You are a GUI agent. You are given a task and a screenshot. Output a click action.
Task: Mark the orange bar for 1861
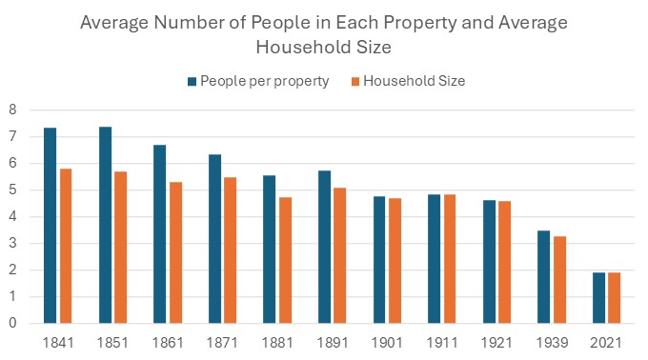click(x=175, y=252)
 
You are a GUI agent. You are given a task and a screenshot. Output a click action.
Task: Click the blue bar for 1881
click(x=270, y=250)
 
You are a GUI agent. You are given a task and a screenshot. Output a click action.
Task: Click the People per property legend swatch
click(x=192, y=81)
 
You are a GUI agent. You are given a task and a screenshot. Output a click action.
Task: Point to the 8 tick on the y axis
click(x=13, y=110)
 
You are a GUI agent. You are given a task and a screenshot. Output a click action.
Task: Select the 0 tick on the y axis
click(x=13, y=324)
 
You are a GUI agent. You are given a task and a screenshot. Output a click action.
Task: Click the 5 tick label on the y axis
click(x=13, y=190)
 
